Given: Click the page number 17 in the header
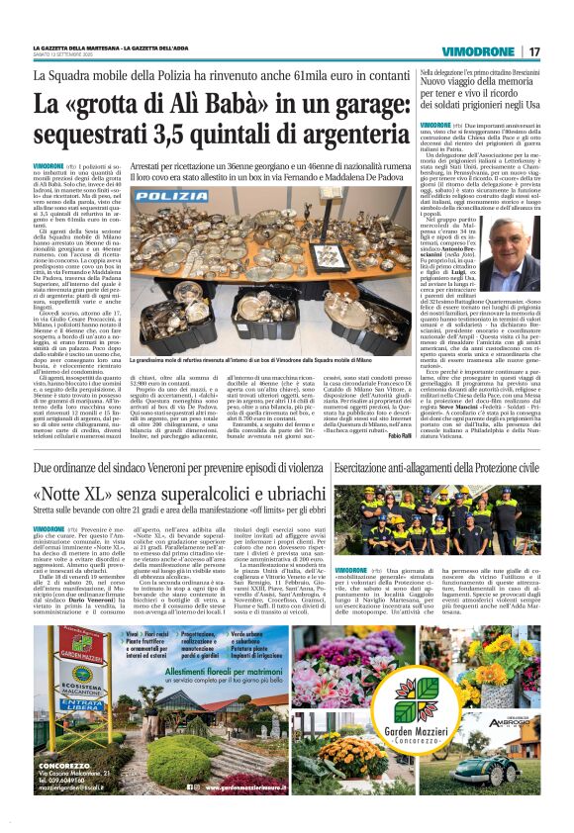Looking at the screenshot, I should point(533,51).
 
